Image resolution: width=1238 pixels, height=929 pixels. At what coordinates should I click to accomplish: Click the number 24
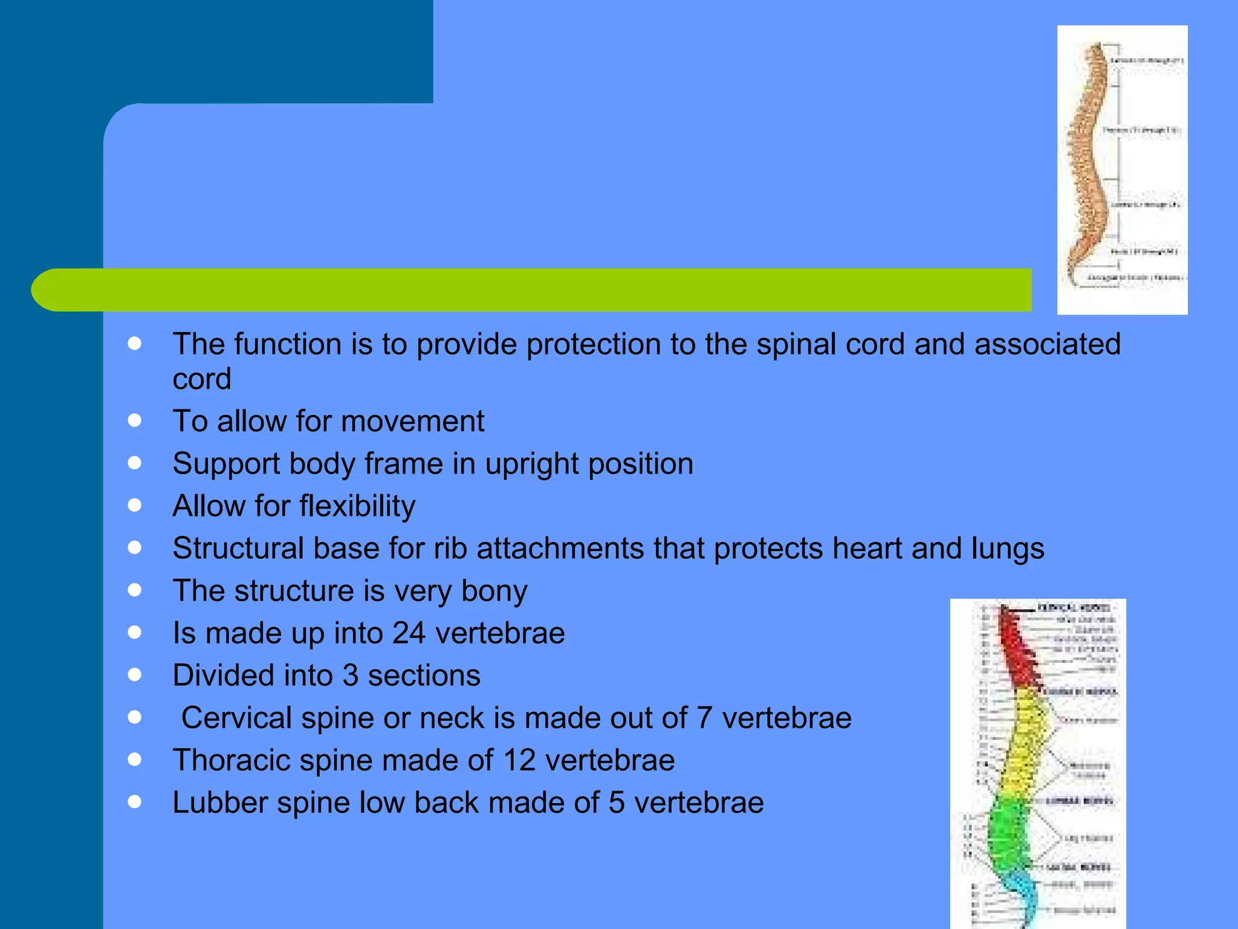409,633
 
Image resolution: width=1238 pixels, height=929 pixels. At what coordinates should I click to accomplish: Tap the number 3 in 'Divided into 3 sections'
350,676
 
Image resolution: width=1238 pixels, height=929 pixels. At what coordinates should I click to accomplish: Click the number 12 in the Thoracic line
519,760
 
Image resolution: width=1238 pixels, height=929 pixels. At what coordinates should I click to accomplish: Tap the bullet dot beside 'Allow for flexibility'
135,505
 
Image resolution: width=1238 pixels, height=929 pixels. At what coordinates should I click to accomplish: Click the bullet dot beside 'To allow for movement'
135,420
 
